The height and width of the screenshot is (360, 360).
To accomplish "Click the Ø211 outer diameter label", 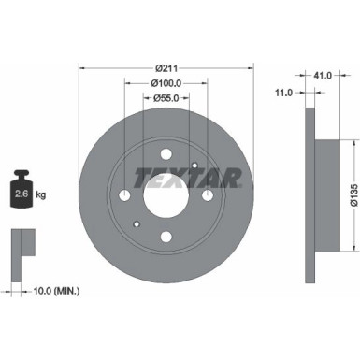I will point(167,67).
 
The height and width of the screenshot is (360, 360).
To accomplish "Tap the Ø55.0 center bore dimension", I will point(166,97).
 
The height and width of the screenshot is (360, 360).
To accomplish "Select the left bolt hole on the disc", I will point(126,195).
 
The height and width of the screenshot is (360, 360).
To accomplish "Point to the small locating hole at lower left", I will point(137,224).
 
